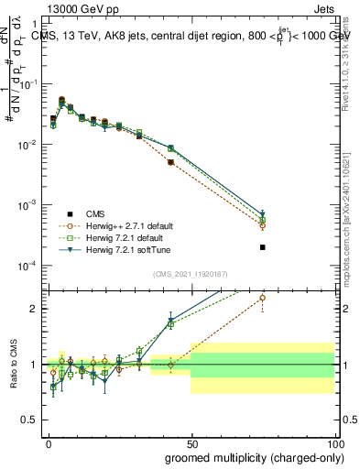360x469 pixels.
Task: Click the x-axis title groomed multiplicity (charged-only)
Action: click(x=253, y=456)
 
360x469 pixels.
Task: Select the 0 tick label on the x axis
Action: click(x=48, y=442)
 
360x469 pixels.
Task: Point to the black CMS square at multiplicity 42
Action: click(x=170, y=162)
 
